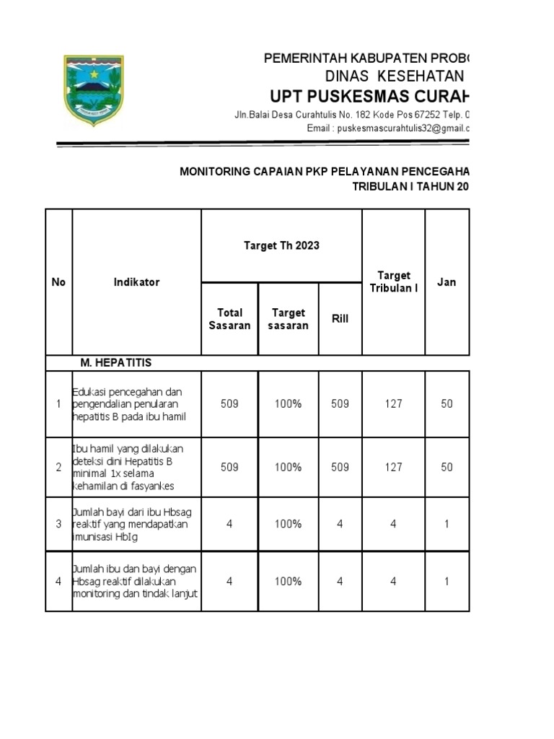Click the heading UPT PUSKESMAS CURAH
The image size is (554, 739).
[369, 97]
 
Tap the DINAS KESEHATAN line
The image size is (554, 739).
[393, 76]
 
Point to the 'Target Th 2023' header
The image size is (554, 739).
[281, 245]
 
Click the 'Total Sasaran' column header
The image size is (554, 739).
[229, 318]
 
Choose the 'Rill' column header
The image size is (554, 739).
[340, 318]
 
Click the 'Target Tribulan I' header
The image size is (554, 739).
[393, 281]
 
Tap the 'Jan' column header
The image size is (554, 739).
[447, 282]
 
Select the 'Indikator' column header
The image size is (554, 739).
[136, 282]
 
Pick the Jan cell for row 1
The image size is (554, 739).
[447, 404]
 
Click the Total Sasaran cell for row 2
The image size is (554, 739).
[229, 467]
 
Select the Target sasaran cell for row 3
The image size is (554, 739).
[288, 524]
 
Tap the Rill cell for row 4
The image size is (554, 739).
[340, 581]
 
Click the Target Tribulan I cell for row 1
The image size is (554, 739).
[393, 404]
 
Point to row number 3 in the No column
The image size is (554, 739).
[58, 524]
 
